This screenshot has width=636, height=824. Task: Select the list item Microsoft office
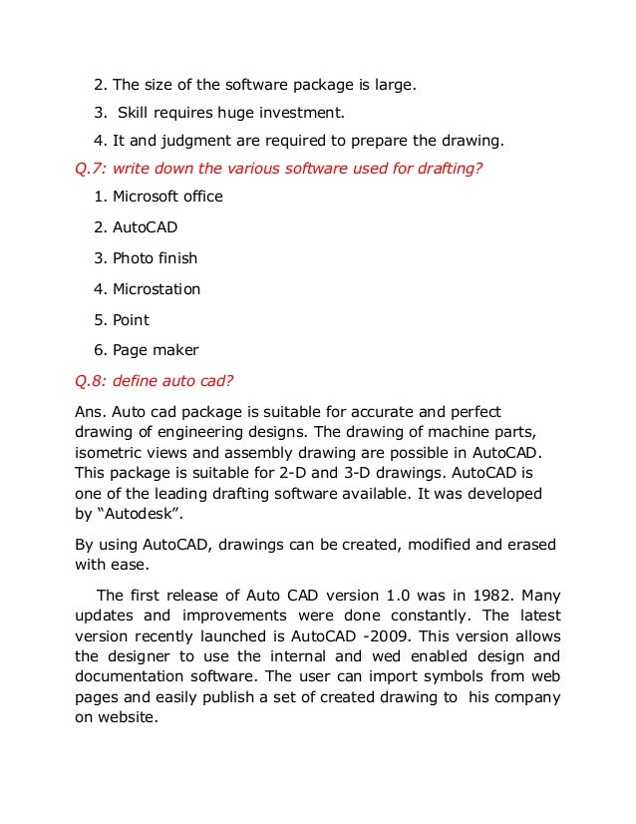point(167,197)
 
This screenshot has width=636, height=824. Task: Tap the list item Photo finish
point(155,258)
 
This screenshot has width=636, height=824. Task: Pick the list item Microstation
point(157,289)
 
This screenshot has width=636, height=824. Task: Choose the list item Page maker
point(155,350)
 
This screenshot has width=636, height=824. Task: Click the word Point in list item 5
point(131,319)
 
